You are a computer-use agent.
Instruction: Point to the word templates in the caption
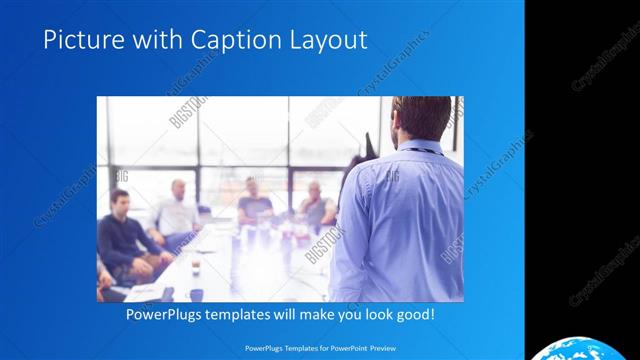[x=244, y=314]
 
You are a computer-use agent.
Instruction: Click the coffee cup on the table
[x=195, y=265]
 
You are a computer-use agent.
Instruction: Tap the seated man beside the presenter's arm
[x=316, y=205]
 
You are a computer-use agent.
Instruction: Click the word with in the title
[x=143, y=40]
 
